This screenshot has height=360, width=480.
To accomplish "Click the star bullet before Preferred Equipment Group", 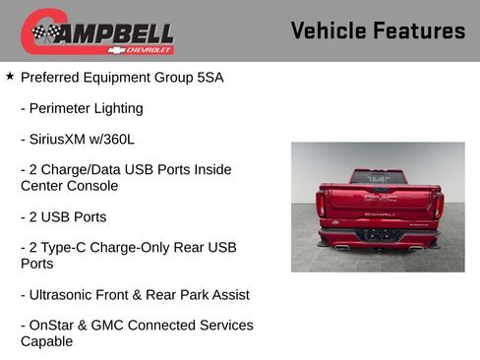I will pyautogui.click(x=10, y=76).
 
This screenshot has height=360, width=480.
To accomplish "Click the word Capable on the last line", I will pyautogui.click(x=47, y=340).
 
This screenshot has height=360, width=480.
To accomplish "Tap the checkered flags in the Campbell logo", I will pyautogui.click(x=45, y=32).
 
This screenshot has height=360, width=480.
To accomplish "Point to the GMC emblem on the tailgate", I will pyautogui.click(x=379, y=198).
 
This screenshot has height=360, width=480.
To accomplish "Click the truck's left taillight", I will pyautogui.click(x=321, y=203).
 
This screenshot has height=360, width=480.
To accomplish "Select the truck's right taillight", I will pyautogui.click(x=438, y=204).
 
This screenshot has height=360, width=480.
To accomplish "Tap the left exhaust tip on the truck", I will pyautogui.click(x=341, y=247).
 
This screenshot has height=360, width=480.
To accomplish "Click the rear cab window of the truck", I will pyautogui.click(x=379, y=177).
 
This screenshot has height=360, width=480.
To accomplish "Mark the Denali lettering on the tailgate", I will pyautogui.click(x=379, y=213).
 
